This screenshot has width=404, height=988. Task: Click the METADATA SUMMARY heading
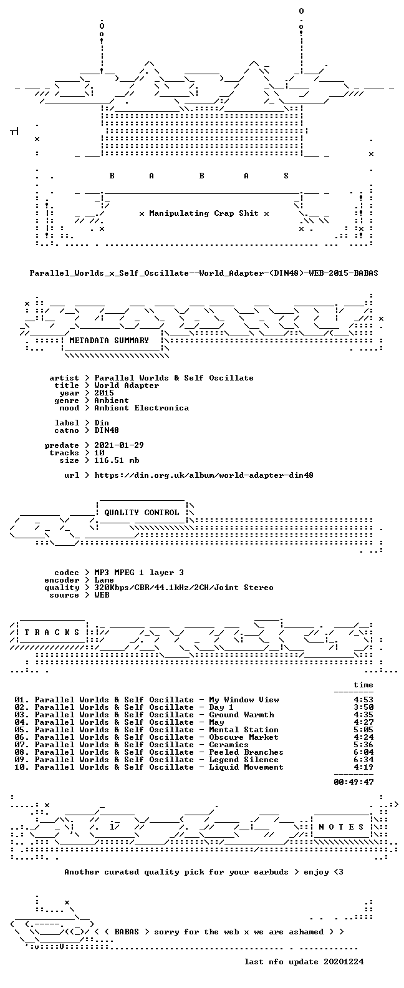point(109,340)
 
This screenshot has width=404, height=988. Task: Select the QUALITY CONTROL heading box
point(142,513)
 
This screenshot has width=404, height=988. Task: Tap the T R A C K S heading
point(52,632)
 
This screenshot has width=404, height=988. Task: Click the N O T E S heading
point(342,826)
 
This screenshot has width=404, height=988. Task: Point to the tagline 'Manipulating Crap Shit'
point(204,213)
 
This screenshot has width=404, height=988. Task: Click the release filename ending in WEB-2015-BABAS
point(204,273)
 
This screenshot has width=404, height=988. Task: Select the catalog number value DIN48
point(107,430)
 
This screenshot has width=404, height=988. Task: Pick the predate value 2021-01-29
point(119,445)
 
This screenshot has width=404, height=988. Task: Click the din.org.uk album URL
point(204,475)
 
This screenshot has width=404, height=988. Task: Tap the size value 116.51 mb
point(117,460)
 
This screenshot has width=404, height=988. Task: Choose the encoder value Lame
point(104,580)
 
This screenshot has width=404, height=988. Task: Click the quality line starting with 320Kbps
point(184,588)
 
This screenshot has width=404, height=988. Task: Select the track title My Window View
point(244,700)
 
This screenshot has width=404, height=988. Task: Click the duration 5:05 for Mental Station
point(363,730)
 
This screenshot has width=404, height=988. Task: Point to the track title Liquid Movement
point(246,767)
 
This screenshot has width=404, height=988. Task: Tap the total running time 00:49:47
point(353,782)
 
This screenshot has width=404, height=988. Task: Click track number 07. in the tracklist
point(22,745)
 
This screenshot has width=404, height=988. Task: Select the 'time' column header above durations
point(363,685)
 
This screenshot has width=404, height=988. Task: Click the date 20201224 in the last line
point(344,962)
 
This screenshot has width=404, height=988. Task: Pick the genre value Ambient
point(112,400)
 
